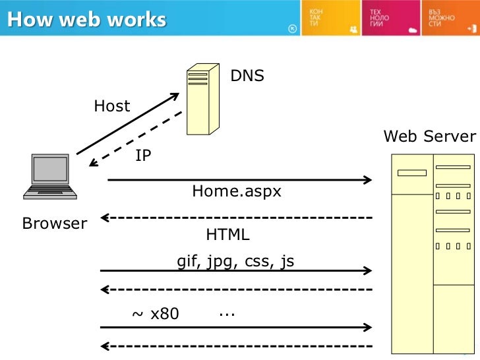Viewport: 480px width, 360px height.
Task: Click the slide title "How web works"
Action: pyautogui.click(x=86, y=19)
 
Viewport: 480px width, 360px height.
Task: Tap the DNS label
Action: pyautogui.click(x=247, y=76)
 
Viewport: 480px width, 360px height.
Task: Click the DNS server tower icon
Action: pyautogui.click(x=202, y=100)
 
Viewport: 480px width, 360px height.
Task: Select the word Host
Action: pyautogui.click(x=112, y=106)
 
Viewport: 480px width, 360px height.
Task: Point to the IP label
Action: pyautogui.click(x=143, y=156)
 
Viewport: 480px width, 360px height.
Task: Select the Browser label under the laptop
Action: pyautogui.click(x=55, y=224)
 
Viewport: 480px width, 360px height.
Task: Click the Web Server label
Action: pyautogui.click(x=429, y=136)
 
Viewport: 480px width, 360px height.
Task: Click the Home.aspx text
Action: pyautogui.click(x=237, y=191)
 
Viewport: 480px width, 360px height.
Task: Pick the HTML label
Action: pyautogui.click(x=228, y=235)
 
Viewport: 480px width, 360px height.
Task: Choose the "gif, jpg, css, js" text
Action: pyautogui.click(x=235, y=262)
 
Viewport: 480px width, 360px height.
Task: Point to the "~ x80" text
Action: pyautogui.click(x=156, y=314)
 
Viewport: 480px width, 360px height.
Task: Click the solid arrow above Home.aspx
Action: pyautogui.click(x=238, y=179)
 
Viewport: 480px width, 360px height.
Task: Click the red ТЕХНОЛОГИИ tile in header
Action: pyautogui.click(x=388, y=18)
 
